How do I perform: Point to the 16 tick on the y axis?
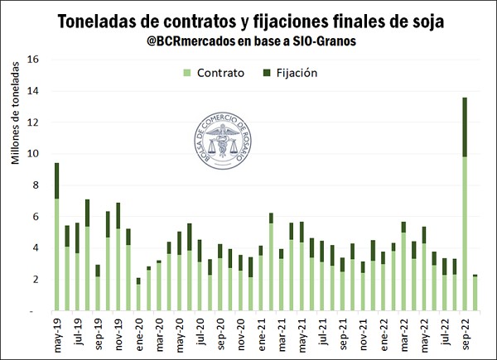34,60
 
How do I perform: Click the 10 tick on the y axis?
34,154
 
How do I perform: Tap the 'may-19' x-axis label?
57,334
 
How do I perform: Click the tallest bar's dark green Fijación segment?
465,127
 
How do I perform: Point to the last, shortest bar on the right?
475,293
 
